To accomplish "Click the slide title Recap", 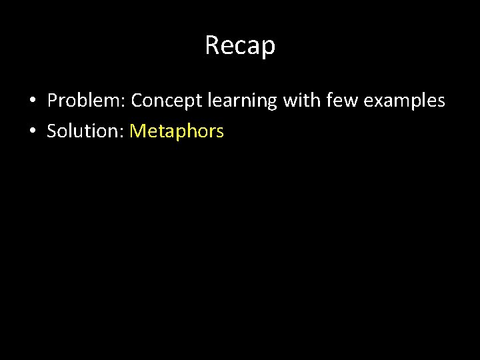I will [240, 45].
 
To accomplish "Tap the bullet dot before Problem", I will [32, 101].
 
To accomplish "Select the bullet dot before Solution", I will [32, 132].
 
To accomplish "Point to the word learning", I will [241, 101].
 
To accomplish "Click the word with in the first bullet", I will [301, 101].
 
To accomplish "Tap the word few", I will [339, 101].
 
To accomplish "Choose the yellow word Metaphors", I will [177, 131].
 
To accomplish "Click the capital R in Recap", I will [213, 45].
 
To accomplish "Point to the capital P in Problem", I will [52, 101].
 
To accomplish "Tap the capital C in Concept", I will [137, 101].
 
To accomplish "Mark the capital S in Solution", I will [51, 131].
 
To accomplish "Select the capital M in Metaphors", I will [137, 131].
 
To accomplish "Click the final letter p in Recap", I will [269, 48].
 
